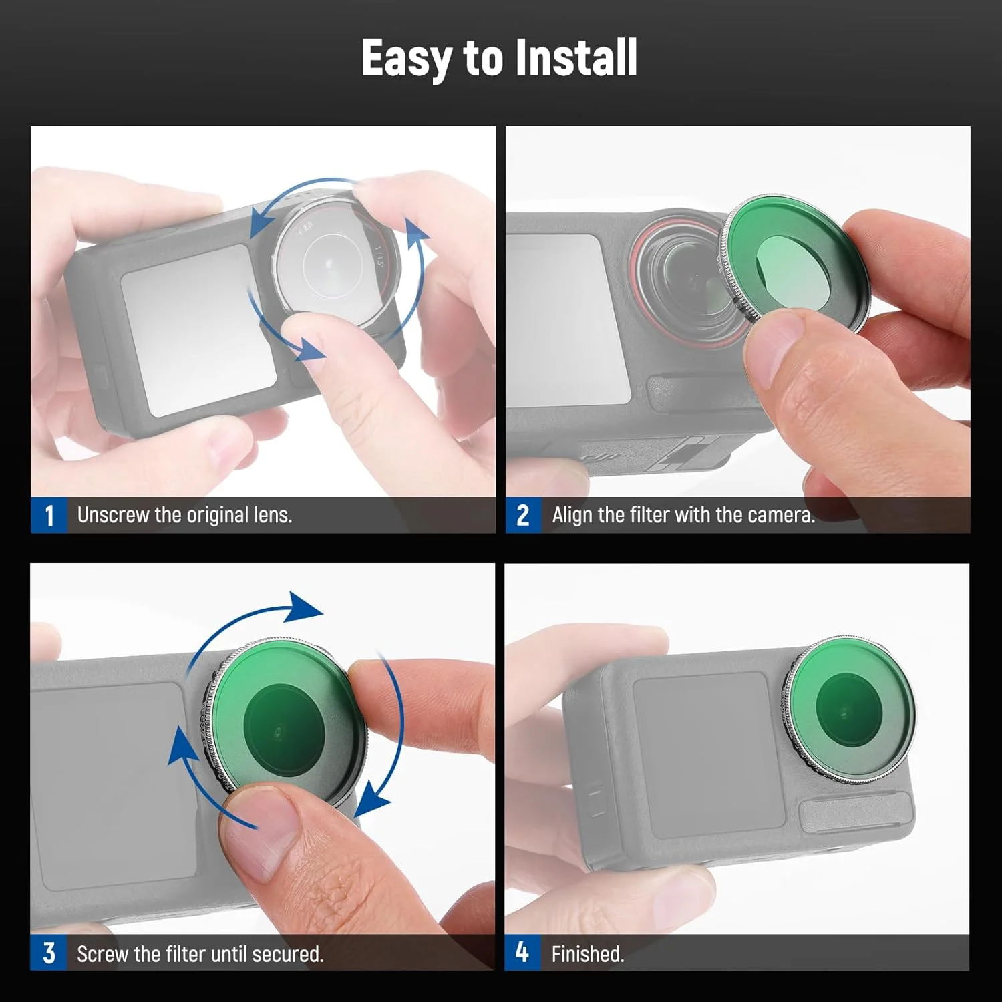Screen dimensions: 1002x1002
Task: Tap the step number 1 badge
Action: coord(49,515)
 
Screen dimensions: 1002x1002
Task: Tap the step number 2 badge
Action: coord(523,515)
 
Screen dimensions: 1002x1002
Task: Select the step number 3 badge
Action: coord(49,953)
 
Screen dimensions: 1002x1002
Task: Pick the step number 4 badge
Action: coord(522,953)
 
